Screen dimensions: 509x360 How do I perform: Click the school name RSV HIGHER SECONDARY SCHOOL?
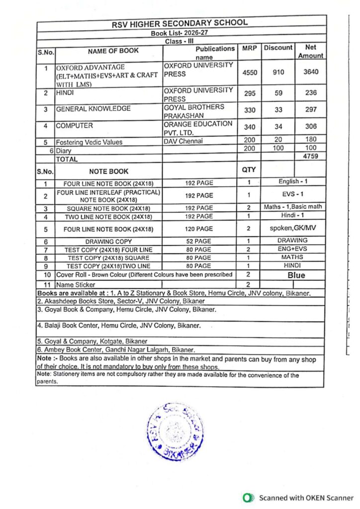(x=180, y=23)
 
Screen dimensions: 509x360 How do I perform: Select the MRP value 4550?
(x=249, y=72)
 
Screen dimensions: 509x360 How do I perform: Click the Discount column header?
(x=278, y=48)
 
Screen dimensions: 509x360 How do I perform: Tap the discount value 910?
(x=278, y=72)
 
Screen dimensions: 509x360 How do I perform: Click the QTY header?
(x=249, y=170)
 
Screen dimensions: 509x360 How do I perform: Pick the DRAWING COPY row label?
(x=108, y=241)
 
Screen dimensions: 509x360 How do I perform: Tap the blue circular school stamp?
(x=176, y=431)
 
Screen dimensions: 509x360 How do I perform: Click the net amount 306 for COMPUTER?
(x=311, y=126)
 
